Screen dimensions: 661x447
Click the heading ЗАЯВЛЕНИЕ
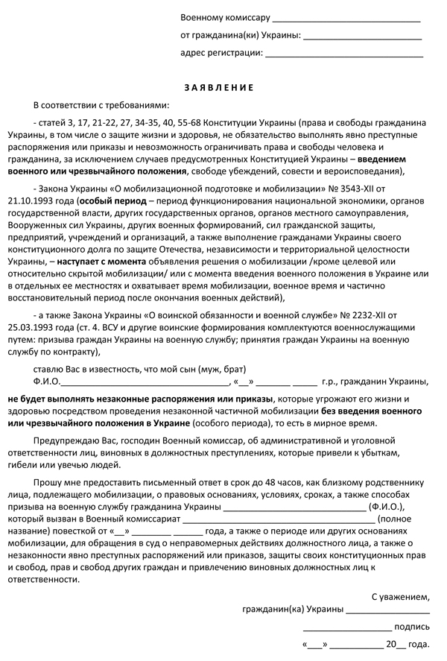coord(223,87)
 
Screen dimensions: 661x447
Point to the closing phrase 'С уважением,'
coord(400,597)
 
